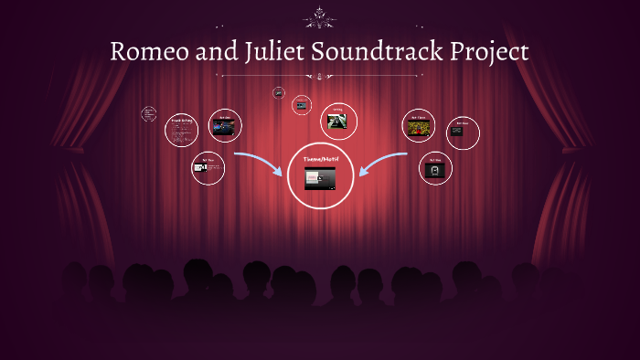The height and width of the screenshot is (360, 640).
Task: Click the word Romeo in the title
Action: pos(147,51)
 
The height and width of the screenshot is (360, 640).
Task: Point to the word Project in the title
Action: pos(489,51)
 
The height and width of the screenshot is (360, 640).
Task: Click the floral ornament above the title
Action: pos(319,15)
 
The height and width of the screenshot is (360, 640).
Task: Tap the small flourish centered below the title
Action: pos(319,77)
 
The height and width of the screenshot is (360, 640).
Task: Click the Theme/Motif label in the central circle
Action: pos(319,159)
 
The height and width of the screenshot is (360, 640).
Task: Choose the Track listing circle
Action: pos(181,131)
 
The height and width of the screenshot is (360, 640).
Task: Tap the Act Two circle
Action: pos(208,168)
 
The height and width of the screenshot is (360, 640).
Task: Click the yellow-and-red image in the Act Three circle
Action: pos(419,127)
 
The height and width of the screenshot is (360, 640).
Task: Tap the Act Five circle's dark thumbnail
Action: pos(435,170)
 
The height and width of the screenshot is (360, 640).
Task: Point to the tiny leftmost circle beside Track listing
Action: pos(148,114)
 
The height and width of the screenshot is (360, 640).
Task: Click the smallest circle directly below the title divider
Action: pos(278,92)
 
